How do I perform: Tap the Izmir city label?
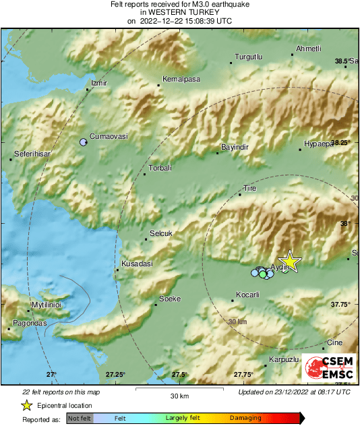click(99, 83)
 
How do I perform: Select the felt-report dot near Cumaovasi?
click(83, 142)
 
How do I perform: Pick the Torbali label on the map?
click(160, 168)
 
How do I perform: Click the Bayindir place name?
click(235, 147)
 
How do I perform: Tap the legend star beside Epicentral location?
click(27, 406)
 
